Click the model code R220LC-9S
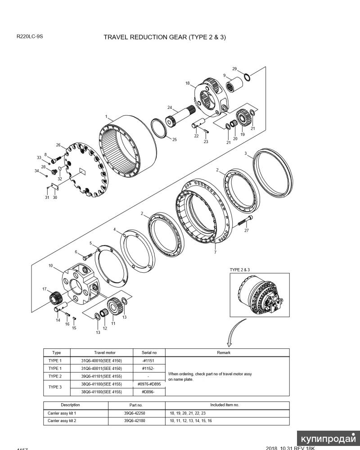point(30,36)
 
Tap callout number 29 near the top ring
point(234,69)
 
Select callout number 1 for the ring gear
point(106,117)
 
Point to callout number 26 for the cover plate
point(58,145)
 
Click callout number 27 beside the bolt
point(246,230)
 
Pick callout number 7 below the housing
point(215,252)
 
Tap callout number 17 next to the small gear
point(45,289)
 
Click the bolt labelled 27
point(243,222)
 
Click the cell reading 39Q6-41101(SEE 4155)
point(101,376)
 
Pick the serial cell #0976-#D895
point(149,384)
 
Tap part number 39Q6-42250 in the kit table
point(135,413)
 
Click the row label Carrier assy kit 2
point(62,421)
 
